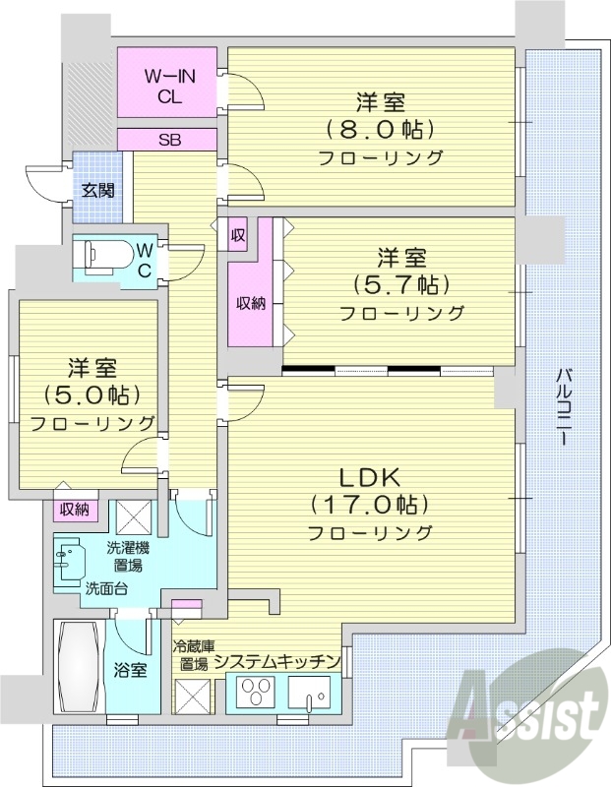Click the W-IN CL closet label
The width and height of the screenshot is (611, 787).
[165, 86]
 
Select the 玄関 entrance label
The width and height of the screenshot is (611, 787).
[96, 191]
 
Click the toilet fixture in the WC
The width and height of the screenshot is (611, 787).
[103, 255]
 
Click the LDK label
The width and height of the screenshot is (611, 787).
[369, 477]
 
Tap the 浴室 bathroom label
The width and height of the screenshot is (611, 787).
[130, 671]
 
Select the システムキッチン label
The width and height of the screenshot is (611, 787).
[277, 661]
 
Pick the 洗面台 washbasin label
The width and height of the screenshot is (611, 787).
[104, 589]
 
